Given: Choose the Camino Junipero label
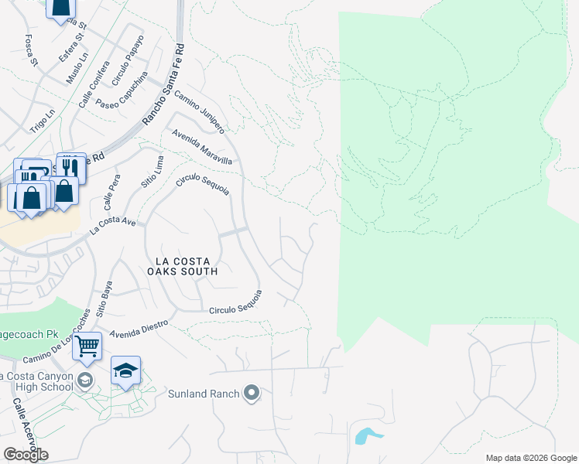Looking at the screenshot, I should coord(199,111).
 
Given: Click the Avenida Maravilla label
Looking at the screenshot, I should coord(202,147).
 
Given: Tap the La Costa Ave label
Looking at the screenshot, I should coord(113,226).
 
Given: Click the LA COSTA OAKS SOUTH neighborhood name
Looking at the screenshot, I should coord(183,265).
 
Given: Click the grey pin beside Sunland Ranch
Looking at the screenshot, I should coord(251,394).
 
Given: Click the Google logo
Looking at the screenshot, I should coord(26,455).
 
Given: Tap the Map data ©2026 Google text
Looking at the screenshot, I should coord(530,458).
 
